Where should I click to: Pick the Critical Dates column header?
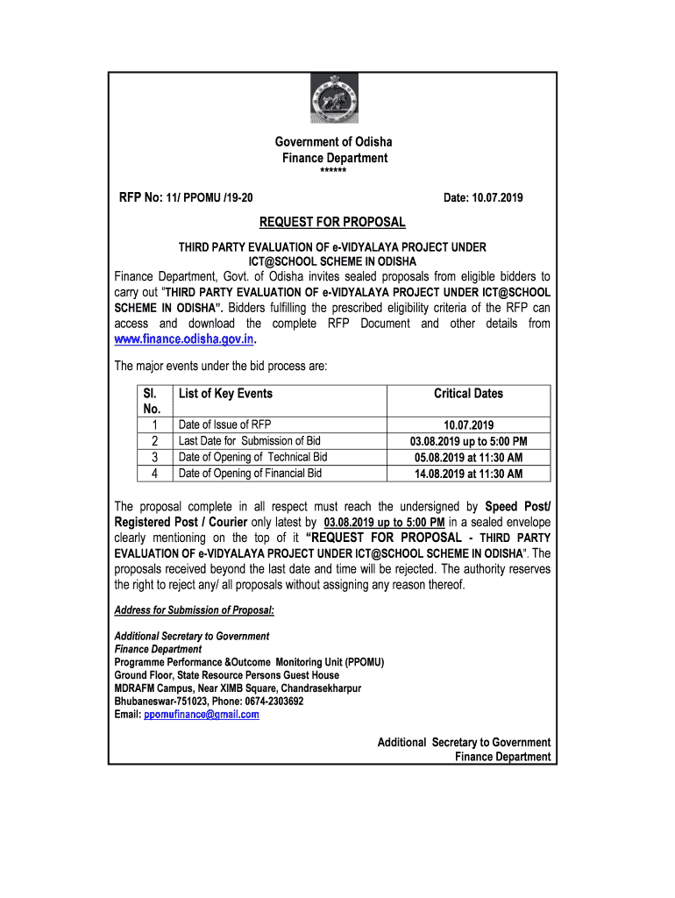(x=468, y=394)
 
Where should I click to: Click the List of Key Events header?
(x=225, y=394)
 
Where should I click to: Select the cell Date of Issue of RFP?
(x=224, y=424)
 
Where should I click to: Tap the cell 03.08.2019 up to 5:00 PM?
(x=468, y=441)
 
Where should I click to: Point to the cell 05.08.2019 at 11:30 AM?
(x=468, y=457)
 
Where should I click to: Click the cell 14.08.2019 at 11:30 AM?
(x=468, y=474)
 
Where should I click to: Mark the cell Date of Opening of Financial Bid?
(x=250, y=474)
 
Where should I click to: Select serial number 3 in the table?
(x=154, y=457)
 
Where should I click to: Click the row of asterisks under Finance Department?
(x=333, y=170)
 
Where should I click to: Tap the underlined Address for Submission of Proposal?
(x=195, y=610)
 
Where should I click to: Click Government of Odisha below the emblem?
(x=334, y=142)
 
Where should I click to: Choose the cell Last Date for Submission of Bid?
(x=250, y=441)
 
